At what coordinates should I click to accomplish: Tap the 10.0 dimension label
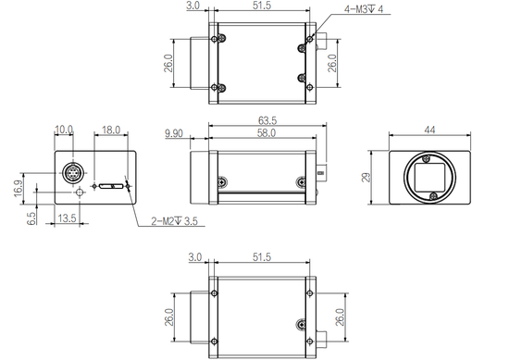[x=64, y=130]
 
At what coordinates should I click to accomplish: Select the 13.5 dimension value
[x=67, y=218]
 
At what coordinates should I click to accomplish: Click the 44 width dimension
[x=429, y=131]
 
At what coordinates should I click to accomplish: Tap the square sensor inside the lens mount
[x=429, y=174]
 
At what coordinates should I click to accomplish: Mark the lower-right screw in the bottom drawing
[x=301, y=325]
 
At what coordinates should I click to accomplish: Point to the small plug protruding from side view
[x=320, y=171]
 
